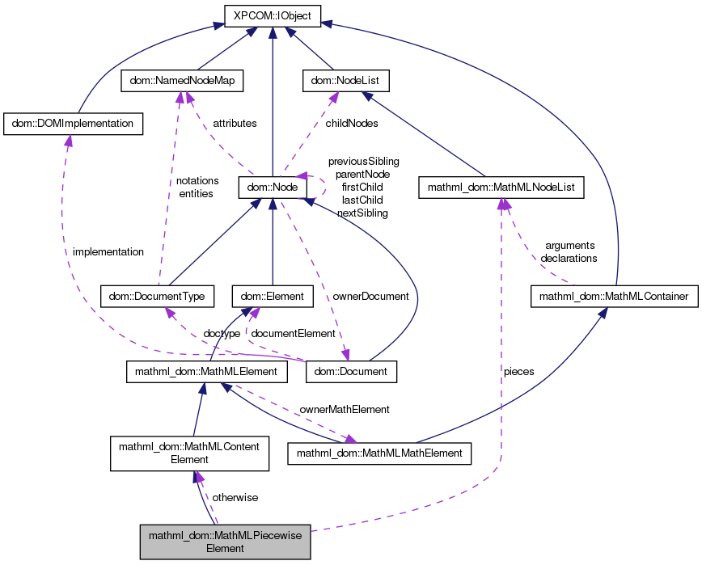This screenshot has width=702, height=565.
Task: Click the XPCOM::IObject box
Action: [273, 15]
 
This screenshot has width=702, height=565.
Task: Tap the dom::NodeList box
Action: [345, 81]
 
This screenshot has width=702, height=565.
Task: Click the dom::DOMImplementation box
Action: [74, 124]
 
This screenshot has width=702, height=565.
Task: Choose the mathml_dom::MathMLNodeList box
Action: [501, 188]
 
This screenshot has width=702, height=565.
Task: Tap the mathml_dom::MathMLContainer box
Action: [614, 297]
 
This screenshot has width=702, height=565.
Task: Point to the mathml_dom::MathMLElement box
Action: [207, 372]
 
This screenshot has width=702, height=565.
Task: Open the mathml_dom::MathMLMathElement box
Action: [379, 453]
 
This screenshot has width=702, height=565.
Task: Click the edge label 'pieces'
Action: [518, 372]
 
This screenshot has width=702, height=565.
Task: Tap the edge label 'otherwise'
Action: [235, 497]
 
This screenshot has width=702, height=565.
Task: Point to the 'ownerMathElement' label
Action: [345, 410]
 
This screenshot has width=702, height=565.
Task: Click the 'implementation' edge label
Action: [108, 251]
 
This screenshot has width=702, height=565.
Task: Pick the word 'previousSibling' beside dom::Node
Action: [363, 161]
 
